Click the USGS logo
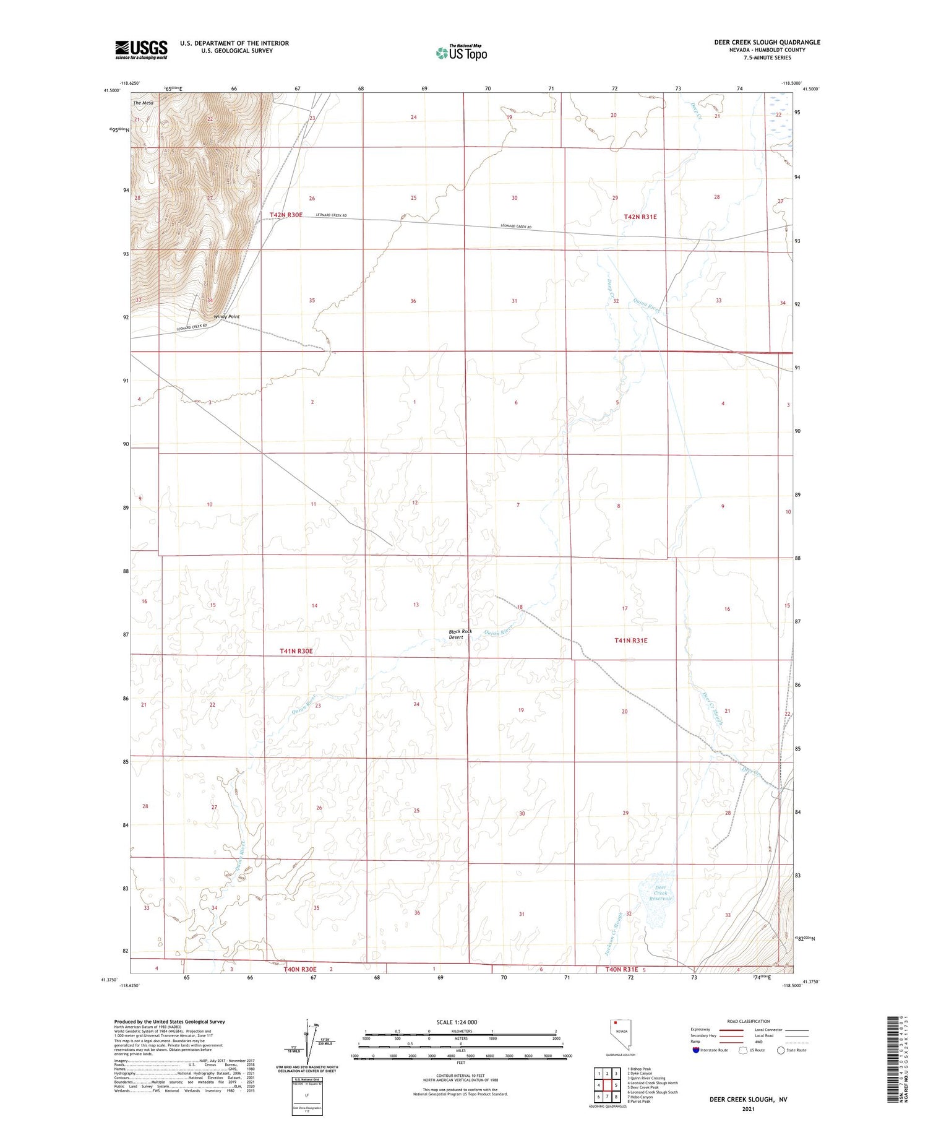pos(141,50)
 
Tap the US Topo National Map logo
pos(461,53)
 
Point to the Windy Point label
pos(226,316)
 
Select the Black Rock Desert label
pos(460,634)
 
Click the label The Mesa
pos(143,103)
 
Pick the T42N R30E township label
pos(286,215)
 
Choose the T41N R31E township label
pos(631,641)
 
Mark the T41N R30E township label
pos(296,651)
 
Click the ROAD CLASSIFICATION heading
pos(748,1021)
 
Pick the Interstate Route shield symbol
pos(696,1050)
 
